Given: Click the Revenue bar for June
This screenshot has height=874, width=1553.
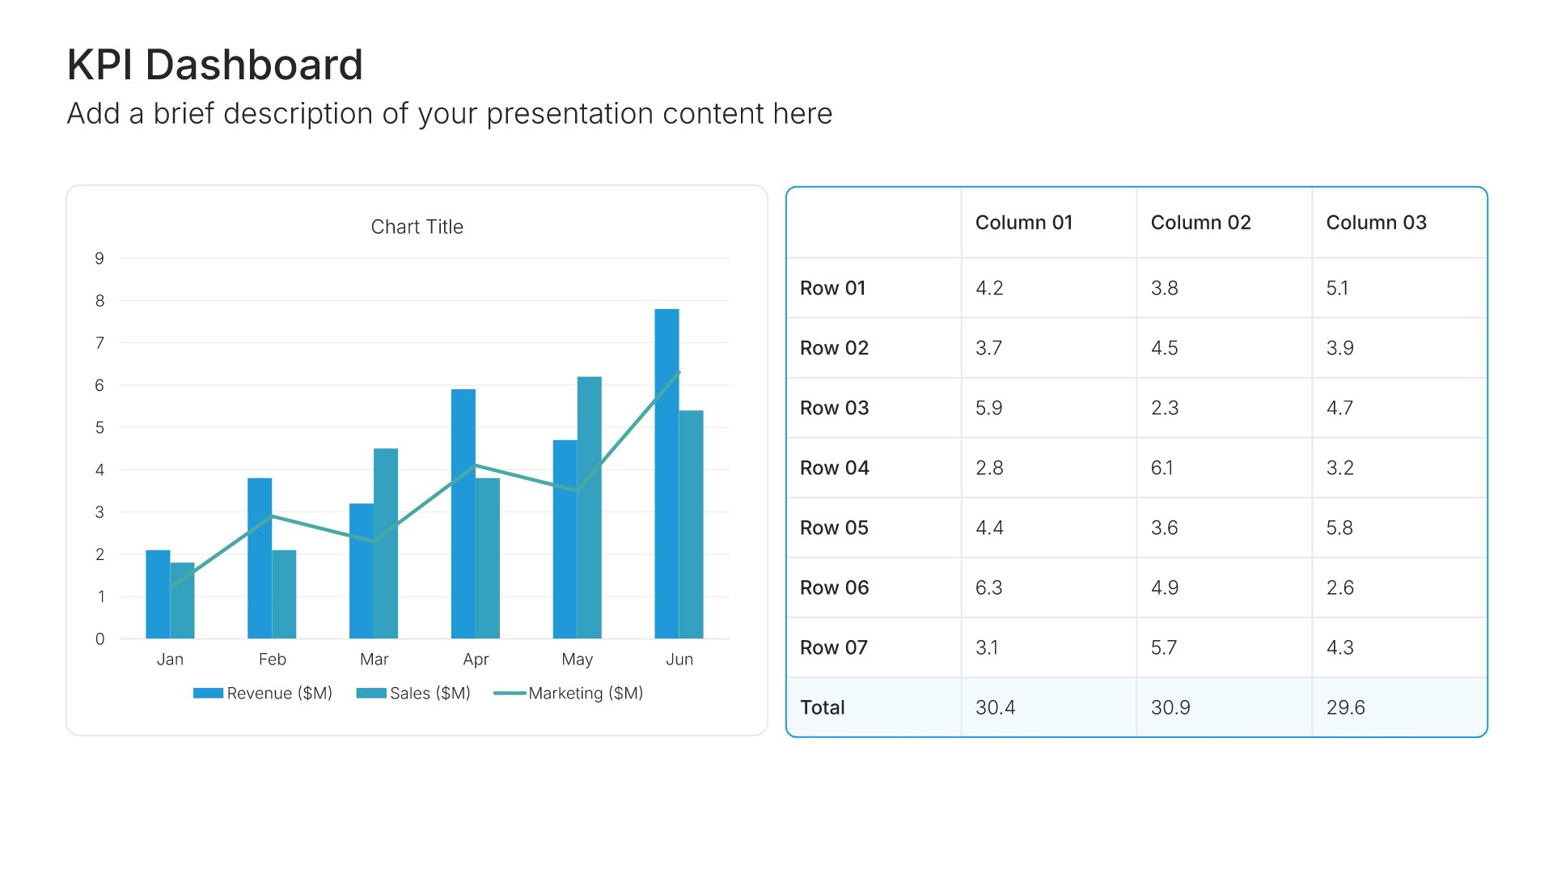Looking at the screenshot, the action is pyautogui.click(x=666, y=473).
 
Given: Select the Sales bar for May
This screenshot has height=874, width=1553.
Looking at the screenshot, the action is pyautogui.click(x=589, y=507).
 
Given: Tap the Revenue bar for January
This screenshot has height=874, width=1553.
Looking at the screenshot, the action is pyautogui.click(x=158, y=594).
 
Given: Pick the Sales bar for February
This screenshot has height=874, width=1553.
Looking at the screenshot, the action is pyautogui.click(x=284, y=594).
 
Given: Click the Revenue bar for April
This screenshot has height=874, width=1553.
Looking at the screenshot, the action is pyautogui.click(x=463, y=514).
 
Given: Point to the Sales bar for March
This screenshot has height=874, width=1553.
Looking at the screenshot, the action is pyautogui.click(x=386, y=543).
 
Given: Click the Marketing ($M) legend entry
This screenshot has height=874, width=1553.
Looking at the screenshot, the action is pyautogui.click(x=569, y=694).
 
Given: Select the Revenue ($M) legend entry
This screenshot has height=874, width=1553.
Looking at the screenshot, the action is pyautogui.click(x=263, y=694).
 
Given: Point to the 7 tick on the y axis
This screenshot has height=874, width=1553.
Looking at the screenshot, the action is pyautogui.click(x=99, y=343).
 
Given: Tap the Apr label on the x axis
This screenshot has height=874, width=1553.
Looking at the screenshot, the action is pyautogui.click(x=476, y=660).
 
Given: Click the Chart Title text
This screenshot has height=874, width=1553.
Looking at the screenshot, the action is pyautogui.click(x=417, y=227).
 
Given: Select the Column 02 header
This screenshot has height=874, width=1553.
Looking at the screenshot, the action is pyautogui.click(x=1200, y=223).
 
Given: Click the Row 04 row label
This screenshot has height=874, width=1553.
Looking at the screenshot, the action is pyautogui.click(x=834, y=468).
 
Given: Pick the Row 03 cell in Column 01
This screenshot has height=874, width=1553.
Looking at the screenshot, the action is pyautogui.click(x=988, y=408).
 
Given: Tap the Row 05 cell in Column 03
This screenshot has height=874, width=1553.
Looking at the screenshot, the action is pyautogui.click(x=1339, y=528).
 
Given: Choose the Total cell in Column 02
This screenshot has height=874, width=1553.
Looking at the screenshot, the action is pyautogui.click(x=1170, y=707).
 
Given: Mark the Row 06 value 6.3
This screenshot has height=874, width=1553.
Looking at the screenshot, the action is pyautogui.click(x=988, y=588).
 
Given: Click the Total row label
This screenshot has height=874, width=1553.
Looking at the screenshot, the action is pyautogui.click(x=822, y=707).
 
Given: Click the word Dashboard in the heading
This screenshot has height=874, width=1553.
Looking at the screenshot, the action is pyautogui.click(x=254, y=65).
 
